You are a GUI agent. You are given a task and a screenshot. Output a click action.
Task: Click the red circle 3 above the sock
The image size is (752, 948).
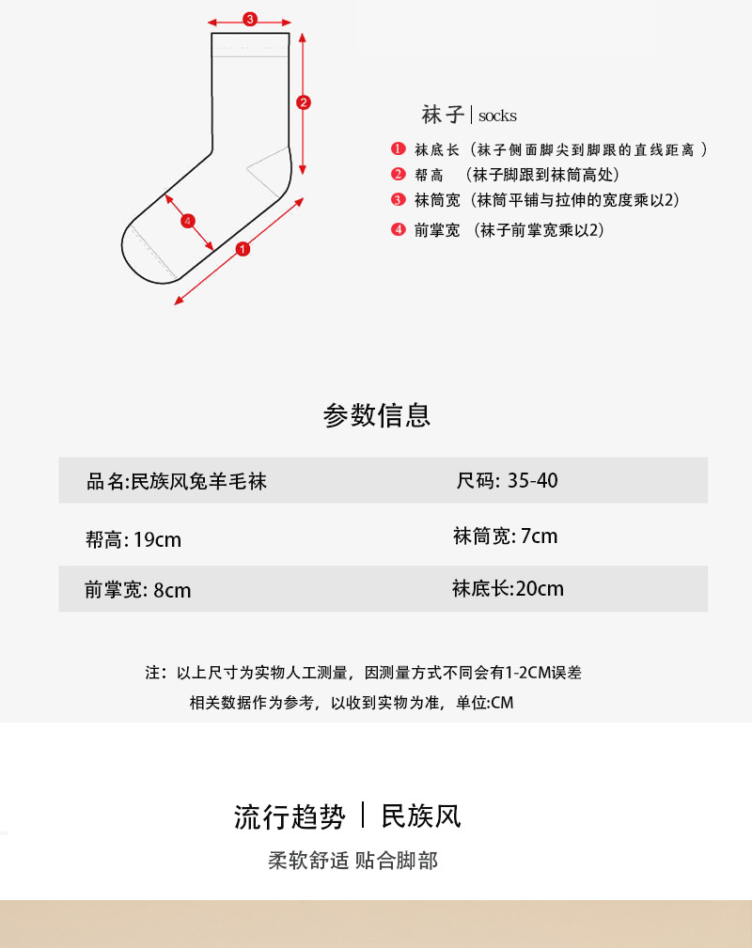point(249,19)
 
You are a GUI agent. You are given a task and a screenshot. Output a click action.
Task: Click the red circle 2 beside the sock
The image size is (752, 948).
point(303,102)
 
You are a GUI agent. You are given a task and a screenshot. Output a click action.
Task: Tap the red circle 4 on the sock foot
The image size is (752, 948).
point(188,221)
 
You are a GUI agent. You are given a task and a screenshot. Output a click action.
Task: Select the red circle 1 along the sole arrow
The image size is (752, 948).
point(243,249)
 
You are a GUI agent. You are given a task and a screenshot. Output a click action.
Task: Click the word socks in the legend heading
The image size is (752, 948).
point(497,117)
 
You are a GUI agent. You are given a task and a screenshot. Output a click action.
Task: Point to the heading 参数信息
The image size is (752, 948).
point(376,415)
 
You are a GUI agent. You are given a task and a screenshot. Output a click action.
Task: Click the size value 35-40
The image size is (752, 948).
point(532,480)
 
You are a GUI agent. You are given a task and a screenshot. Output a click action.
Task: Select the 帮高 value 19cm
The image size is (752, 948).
point(157,540)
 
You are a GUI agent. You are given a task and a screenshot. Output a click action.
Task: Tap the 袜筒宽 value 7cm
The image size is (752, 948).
point(539,536)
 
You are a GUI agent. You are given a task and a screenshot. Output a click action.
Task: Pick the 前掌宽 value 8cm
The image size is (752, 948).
point(172,590)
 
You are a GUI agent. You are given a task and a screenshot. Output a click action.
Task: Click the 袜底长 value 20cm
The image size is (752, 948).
point(540,589)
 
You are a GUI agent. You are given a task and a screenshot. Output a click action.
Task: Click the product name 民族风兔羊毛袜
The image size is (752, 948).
point(198,482)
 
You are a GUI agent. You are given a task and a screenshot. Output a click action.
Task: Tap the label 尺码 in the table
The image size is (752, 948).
point(475,481)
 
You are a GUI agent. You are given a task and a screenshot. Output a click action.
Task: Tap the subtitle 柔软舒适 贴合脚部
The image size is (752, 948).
point(352,861)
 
